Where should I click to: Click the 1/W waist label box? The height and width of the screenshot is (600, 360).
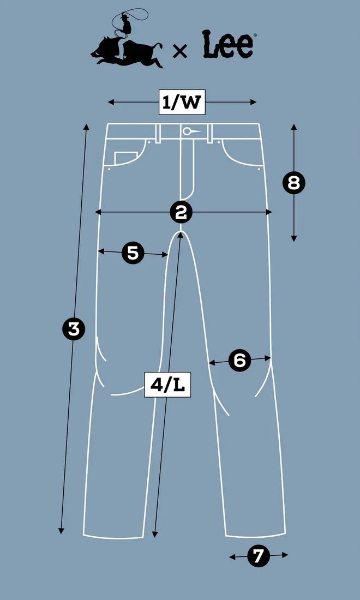click(182, 102)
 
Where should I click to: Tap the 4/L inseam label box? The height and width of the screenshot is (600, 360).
click(167, 385)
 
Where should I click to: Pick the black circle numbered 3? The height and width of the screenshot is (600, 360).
click(74, 329)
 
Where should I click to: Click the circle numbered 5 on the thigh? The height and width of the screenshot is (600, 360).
click(133, 253)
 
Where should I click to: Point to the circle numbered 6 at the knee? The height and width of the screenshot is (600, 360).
click(239, 360)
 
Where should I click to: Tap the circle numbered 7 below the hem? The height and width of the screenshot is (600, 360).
click(259, 556)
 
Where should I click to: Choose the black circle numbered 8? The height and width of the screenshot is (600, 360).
click(294, 183)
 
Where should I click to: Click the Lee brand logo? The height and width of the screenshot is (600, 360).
click(229, 45)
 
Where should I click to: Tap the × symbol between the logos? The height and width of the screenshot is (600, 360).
click(180, 51)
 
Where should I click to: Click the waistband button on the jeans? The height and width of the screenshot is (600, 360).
click(187, 131)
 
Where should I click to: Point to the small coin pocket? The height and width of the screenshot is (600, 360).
click(125, 158)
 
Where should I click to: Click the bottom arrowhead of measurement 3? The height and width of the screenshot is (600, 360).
click(61, 531)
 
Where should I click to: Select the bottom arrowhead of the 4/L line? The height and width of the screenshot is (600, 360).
click(154, 534)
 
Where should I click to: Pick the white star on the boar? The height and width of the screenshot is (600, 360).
click(125, 57)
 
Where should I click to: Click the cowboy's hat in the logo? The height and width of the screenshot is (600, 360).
click(123, 16)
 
